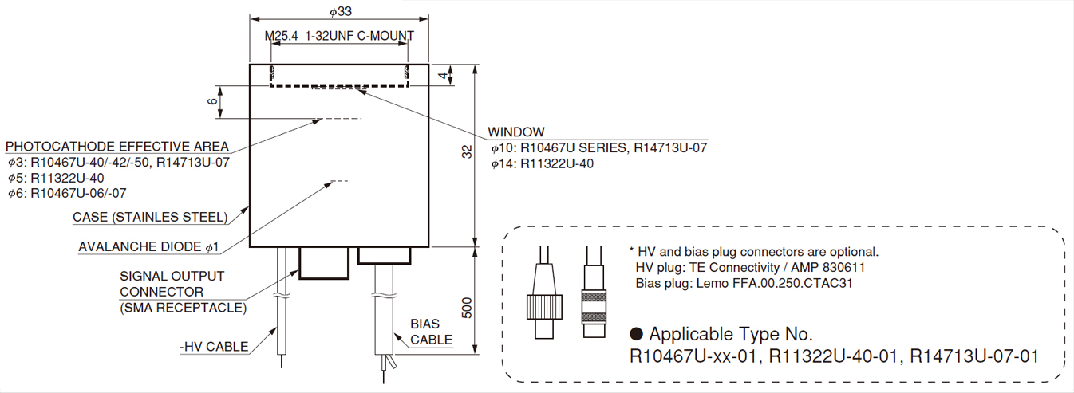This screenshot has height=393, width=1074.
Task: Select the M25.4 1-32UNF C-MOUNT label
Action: pos(339,37)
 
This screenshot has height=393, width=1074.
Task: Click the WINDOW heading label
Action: pos(516,132)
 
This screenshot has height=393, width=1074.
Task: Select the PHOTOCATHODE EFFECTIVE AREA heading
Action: pos(117,147)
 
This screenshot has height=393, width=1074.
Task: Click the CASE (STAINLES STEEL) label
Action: pos(150,217)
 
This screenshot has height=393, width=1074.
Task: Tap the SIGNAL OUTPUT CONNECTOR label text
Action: pos(172,284)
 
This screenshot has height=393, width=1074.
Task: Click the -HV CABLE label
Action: pos(214,347)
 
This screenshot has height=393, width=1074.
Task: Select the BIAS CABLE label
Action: pos(431,332)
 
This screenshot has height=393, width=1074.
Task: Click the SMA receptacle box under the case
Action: pos(324,262)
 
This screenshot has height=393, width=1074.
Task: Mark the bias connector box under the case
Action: pos(385,255)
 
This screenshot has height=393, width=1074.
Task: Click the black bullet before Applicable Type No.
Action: pos(636,333)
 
